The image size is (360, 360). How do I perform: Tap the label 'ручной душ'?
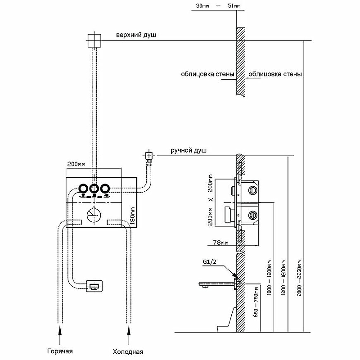point(189,151)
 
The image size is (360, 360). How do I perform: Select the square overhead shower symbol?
point(94,40)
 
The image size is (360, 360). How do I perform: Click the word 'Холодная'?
point(129,351)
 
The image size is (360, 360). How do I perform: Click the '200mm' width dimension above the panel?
point(76,165)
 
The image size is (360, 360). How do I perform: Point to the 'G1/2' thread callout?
point(211,262)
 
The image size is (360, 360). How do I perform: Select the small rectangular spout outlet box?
point(95,286)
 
